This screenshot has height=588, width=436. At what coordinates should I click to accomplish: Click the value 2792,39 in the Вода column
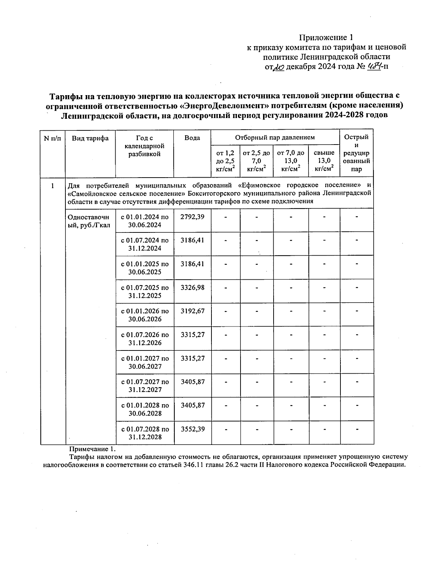192,217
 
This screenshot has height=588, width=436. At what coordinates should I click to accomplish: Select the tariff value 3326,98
192,288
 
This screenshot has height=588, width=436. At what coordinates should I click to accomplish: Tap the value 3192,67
192,311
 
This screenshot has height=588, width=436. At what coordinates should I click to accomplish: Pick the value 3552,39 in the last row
192,429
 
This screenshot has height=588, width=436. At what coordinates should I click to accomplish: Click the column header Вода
192,138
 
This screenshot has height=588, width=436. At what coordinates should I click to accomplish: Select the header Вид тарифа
90,138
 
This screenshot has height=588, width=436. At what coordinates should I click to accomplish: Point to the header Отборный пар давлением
275,137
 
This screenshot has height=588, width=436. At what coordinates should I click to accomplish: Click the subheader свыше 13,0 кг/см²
324,161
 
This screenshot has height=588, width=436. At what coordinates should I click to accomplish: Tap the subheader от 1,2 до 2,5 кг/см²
225,161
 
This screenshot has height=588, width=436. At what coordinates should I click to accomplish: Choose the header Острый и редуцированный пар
356,153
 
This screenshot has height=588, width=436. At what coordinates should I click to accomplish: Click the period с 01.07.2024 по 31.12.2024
145,244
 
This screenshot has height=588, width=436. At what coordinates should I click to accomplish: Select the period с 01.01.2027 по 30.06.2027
145,362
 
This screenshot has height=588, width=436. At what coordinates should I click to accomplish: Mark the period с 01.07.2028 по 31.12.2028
145,433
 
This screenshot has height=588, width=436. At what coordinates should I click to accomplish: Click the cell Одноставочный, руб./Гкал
88,221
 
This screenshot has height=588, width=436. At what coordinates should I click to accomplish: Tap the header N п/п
52,138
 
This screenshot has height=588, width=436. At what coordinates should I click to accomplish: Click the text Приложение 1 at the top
326,37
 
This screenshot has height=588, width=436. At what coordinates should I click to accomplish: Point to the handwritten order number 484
374,66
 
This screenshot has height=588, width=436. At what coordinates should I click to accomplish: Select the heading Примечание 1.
92,449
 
